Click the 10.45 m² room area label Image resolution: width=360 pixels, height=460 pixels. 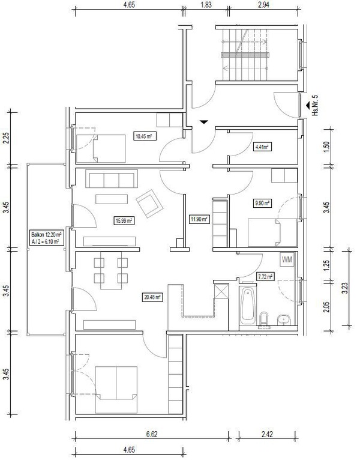coord(144,136)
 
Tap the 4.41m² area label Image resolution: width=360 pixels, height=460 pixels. coord(262,147)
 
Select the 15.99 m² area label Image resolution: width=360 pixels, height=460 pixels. coord(124,220)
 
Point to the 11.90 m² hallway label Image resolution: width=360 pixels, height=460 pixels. coord(200,219)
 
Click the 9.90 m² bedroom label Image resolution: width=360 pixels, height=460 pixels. coord(262,203)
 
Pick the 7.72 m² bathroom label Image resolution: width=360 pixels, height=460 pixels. coord(265,276)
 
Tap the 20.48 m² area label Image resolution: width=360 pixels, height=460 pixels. coord(152,297)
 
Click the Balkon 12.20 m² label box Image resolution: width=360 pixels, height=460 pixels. coord(46,238)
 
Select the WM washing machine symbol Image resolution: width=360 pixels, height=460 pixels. coord(287,259)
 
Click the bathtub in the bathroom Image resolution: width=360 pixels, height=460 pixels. coord(248,305)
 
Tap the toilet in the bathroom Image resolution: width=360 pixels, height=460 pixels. coord(264,319)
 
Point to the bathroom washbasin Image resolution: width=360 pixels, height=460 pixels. coord(283,319)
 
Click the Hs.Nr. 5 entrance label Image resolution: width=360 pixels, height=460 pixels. coord(315,105)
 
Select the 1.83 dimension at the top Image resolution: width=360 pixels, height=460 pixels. coord(206,5)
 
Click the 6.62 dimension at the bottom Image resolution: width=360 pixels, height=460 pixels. coord(152,434)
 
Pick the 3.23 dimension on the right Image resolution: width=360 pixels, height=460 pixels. coord(345,289)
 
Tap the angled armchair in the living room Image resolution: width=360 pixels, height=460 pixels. coord(149,204)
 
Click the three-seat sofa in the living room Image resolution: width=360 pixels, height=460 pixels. coord(112,179)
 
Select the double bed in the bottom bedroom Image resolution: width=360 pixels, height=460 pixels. coord(116,390)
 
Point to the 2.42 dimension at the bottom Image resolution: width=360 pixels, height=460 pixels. coord(267,434)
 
